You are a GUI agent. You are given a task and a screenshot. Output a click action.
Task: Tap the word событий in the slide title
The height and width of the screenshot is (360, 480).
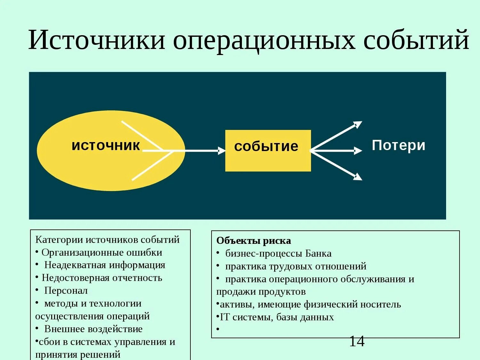pos(416,40)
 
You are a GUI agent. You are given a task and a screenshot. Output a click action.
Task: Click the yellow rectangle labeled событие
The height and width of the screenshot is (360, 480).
pos(268,150)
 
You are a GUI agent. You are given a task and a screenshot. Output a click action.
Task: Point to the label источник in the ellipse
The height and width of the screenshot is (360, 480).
pos(106,146)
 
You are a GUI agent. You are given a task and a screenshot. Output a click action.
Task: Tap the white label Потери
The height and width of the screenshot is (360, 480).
pos(398,145)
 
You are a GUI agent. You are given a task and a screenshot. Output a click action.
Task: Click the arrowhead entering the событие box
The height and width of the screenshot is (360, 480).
pos(222,150)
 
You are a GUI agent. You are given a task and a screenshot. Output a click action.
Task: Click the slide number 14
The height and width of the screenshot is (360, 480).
pos(356,341)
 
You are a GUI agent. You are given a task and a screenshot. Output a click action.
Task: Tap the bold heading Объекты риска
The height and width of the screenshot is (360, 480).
pos(253,241)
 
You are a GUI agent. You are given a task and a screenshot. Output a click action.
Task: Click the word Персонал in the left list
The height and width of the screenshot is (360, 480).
pos(66,291)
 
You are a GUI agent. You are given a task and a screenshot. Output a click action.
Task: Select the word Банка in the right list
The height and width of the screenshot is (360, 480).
pos(318,253)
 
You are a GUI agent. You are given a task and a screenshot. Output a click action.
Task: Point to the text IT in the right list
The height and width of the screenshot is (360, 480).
pos(225,317)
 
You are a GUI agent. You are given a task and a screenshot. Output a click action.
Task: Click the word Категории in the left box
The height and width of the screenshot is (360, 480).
pos(59,240)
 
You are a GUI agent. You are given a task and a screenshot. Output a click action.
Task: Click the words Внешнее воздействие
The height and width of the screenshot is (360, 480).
pos(93,329)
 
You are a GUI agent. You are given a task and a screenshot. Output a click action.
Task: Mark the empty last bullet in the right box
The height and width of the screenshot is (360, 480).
pos(218,329)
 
